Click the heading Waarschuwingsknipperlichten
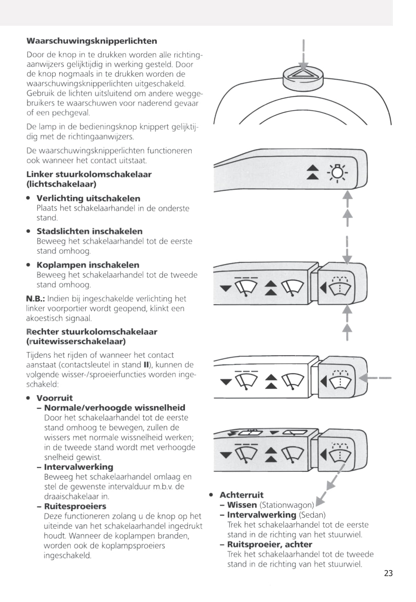(91, 41)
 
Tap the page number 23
(388, 573)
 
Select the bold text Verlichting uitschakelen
(88, 198)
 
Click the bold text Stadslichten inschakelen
(89, 231)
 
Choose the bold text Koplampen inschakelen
(88, 265)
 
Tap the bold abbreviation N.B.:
(35, 299)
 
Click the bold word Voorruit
(54, 398)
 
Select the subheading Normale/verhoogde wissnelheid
(114, 408)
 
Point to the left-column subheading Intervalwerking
(78, 467)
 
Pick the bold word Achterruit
(241, 495)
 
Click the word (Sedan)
(312, 515)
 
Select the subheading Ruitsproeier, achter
(270, 544)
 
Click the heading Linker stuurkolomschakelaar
(89, 174)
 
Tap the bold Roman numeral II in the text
(148, 365)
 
